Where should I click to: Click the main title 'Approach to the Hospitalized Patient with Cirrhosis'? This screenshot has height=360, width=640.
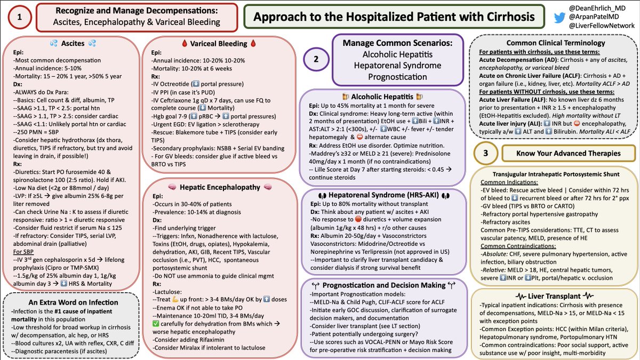tap(394, 17)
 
